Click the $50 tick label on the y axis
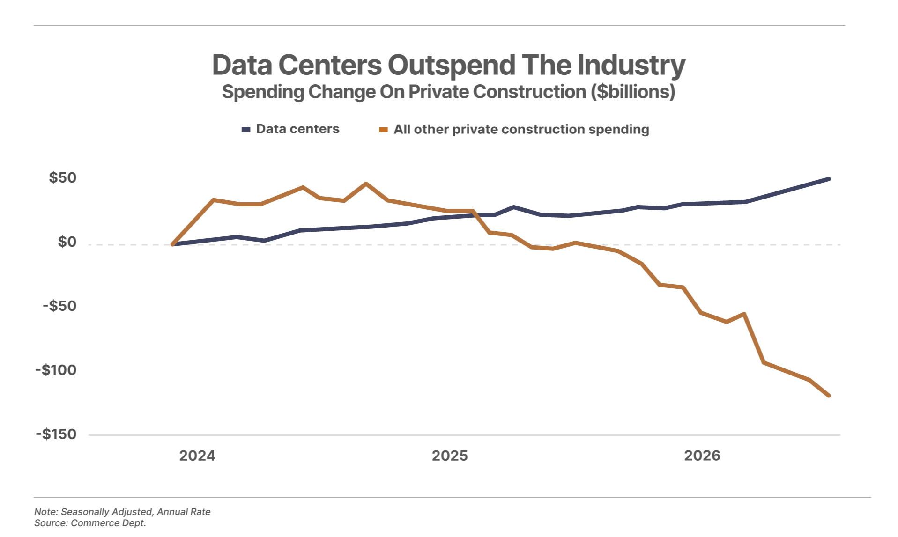(x=63, y=178)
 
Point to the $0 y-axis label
(x=67, y=242)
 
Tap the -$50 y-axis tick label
(x=59, y=306)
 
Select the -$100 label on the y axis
(x=56, y=370)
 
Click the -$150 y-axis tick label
(x=56, y=434)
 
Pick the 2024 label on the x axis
(x=197, y=456)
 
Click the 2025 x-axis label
(x=450, y=456)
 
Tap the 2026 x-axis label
(x=702, y=456)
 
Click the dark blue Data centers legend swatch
(x=246, y=130)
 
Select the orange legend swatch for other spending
(x=384, y=130)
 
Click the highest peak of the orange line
(x=366, y=184)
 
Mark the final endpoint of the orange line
(x=829, y=396)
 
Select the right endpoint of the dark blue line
(x=829, y=179)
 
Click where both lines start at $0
(x=173, y=244)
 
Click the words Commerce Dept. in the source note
(x=108, y=523)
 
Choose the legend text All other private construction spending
(x=521, y=130)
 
